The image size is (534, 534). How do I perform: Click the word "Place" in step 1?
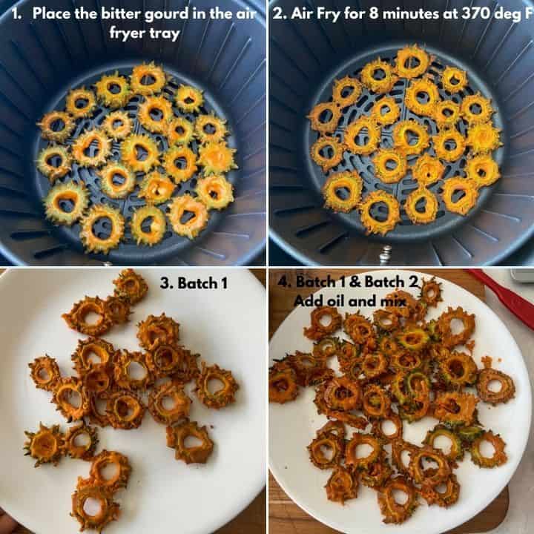[52, 13]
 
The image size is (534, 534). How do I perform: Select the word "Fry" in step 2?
[329, 14]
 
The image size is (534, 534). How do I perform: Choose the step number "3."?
[167, 283]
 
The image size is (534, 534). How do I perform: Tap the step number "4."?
[284, 282]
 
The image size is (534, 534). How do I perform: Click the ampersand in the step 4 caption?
[355, 282]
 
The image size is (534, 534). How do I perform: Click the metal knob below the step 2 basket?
[385, 255]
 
